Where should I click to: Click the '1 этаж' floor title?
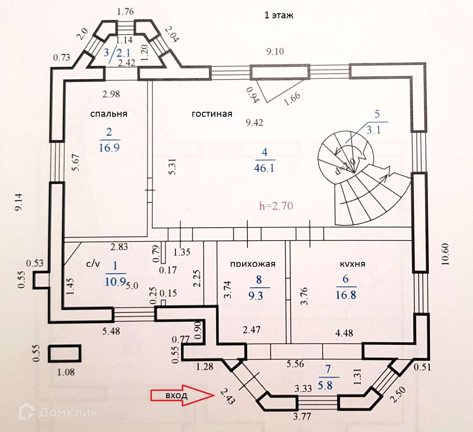pyautogui.click(x=278, y=15)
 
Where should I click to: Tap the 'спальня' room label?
pyautogui.click(x=109, y=114)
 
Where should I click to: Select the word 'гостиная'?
pyautogui.click(x=212, y=114)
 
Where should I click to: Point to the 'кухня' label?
pyautogui.click(x=352, y=263)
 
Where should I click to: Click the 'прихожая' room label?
pyautogui.click(x=253, y=263)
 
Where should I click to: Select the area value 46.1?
pyautogui.click(x=264, y=168)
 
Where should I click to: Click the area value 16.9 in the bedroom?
pyautogui.click(x=109, y=148)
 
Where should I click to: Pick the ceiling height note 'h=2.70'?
pyautogui.click(x=276, y=206)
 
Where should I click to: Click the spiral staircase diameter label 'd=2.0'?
pyautogui.click(x=345, y=166)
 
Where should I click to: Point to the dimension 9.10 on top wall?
pyautogui.click(x=275, y=52)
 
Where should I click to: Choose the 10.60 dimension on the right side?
pyautogui.click(x=445, y=254)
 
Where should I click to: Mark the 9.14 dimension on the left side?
pyautogui.click(x=18, y=202)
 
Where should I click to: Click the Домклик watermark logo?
pyautogui.click(x=58, y=412)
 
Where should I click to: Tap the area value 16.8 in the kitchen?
pyautogui.click(x=346, y=295)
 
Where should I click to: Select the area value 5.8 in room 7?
pyautogui.click(x=325, y=385)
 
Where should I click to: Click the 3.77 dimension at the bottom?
pyautogui.click(x=302, y=416)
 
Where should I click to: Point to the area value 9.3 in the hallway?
pyautogui.click(x=256, y=295)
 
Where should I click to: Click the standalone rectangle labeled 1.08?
pyautogui.click(x=65, y=353)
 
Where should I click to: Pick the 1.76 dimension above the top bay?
pyautogui.click(x=125, y=12)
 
